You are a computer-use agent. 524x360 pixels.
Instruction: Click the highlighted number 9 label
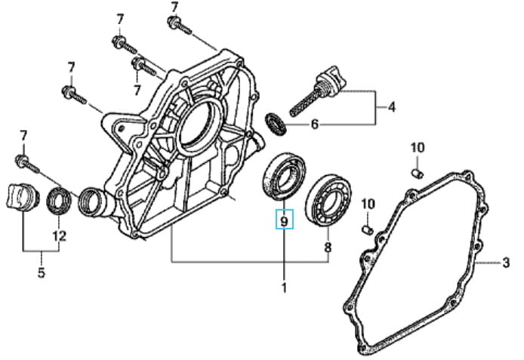284,221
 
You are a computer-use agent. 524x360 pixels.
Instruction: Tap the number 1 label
284,287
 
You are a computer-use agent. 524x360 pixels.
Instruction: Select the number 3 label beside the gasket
506,263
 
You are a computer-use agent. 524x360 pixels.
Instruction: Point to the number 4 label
391,108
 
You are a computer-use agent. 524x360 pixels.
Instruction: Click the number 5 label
42,271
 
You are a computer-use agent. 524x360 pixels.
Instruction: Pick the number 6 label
315,124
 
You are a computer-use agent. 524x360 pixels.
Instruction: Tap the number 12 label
59,235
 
